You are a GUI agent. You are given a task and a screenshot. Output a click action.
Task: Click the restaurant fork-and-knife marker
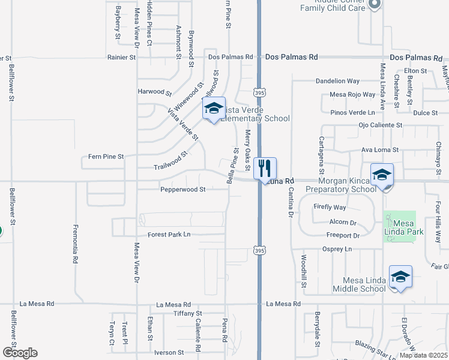click(265, 168)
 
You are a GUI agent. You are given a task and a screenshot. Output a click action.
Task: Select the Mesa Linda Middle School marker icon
click(400, 277)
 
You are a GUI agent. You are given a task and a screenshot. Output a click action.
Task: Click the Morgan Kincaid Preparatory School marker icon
click(382, 175)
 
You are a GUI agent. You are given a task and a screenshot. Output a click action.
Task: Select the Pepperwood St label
click(183, 189)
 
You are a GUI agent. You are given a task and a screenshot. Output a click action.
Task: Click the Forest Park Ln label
click(169, 235)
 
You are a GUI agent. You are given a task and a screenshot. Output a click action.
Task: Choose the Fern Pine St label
click(106, 156)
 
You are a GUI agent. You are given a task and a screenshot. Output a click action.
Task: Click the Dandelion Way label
click(337, 81)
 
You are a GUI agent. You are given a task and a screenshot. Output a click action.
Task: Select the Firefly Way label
click(330, 207)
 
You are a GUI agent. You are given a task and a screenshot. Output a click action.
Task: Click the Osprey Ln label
click(337, 249)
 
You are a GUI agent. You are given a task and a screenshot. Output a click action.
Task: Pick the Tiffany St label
click(187, 314)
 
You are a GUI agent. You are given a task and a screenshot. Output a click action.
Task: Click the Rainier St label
click(122, 58)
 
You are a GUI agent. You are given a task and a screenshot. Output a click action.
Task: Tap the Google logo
click(20, 353)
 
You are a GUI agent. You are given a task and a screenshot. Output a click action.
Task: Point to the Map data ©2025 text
click(423, 355)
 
